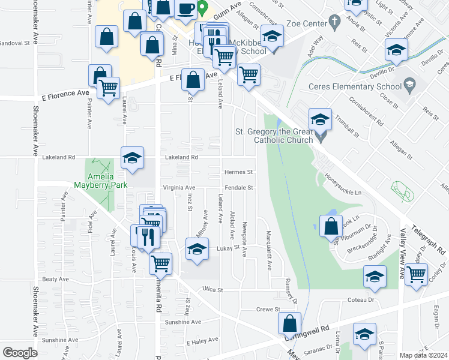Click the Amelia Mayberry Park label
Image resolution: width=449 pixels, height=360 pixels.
pyautogui.click(x=101, y=178)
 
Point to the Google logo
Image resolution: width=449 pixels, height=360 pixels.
pyautogui.click(x=20, y=352)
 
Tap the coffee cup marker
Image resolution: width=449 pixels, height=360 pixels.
pyautogui.click(x=185, y=9)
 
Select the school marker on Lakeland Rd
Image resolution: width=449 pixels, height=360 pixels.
pyautogui.click(x=133, y=158)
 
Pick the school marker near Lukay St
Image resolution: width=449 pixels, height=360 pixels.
pyautogui.click(x=197, y=250)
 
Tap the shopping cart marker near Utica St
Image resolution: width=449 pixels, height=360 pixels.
pyautogui.click(x=160, y=263)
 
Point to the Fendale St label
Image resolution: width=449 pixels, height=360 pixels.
pyautogui.click(x=239, y=188)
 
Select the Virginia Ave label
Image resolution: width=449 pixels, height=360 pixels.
pyautogui.click(x=179, y=188)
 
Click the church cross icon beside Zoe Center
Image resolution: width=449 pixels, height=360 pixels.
pyautogui.click(x=336, y=22)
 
